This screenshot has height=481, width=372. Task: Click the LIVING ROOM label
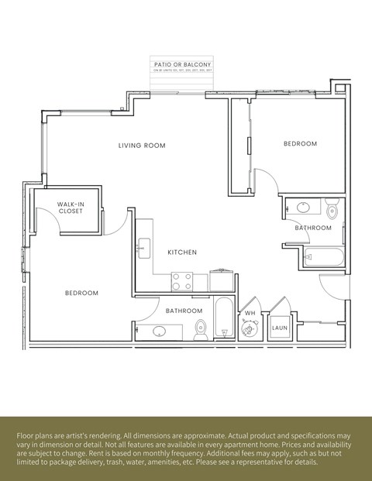click(x=142, y=146)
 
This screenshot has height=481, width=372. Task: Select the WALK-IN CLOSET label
click(x=71, y=208)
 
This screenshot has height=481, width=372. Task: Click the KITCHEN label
click(x=182, y=253)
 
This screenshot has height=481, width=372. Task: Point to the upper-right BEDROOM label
click(x=300, y=143)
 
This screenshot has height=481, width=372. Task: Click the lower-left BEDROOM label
click(x=81, y=293)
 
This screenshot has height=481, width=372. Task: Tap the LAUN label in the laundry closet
click(x=279, y=328)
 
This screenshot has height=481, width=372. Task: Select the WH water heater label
click(x=250, y=313)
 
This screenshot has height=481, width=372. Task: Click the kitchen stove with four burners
click(x=181, y=281)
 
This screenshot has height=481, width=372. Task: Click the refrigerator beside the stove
click(x=221, y=280)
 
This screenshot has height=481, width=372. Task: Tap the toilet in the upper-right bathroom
click(x=332, y=209)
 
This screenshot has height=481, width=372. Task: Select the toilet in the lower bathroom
click(x=200, y=329)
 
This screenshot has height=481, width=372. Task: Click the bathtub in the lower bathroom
click(x=223, y=318)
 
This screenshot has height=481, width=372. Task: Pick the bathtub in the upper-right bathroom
click(x=324, y=256)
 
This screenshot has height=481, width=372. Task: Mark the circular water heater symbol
click(x=250, y=329)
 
